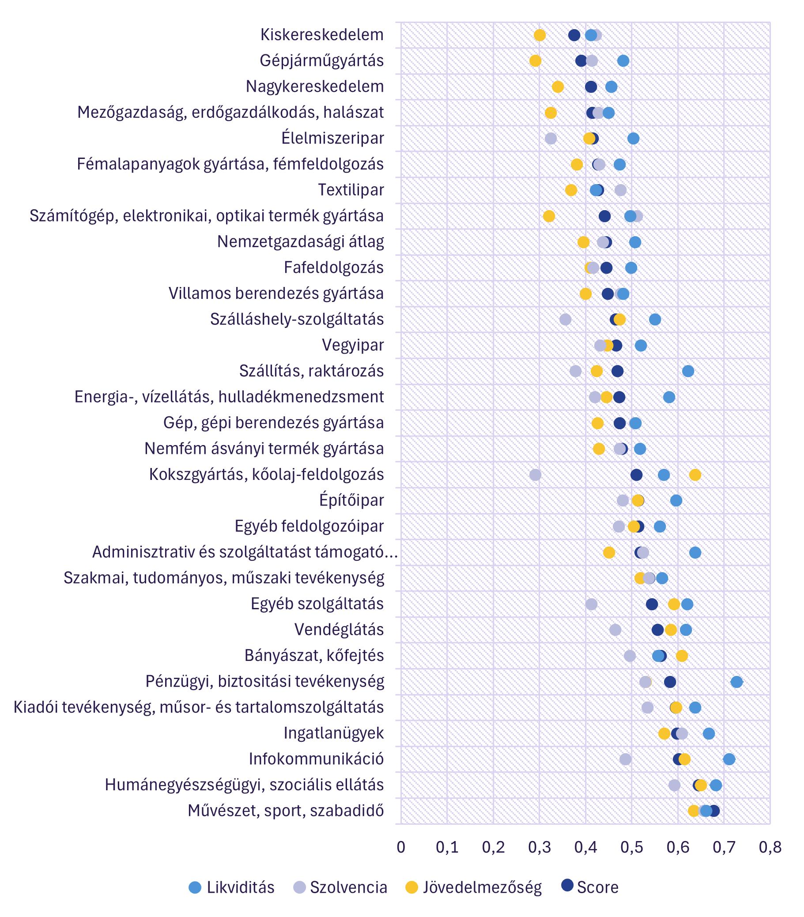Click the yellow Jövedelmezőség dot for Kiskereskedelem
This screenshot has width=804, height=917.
(540, 35)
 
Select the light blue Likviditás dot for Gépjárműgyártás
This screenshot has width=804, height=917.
(623, 61)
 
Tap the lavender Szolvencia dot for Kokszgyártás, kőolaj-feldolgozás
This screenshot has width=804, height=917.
(535, 475)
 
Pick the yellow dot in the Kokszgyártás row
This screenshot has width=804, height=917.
(695, 475)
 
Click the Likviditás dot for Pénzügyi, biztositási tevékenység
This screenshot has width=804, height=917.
(736, 682)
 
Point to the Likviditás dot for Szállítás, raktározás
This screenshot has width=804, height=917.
(688, 371)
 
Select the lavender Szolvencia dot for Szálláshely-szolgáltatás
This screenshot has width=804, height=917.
(565, 319)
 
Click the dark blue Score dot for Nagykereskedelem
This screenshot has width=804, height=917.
(591, 87)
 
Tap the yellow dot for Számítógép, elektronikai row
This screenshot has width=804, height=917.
(549, 216)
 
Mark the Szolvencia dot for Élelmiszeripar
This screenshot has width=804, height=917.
(551, 138)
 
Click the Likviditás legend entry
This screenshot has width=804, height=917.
(231, 887)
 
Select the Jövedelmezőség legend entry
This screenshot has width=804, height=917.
(473, 887)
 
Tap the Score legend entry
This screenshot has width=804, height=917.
(590, 887)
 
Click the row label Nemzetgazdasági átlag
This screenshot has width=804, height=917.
(300, 242)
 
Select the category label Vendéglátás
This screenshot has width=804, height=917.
(339, 630)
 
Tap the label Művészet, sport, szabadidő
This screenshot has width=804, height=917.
(285, 811)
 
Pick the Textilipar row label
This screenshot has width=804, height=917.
(351, 190)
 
